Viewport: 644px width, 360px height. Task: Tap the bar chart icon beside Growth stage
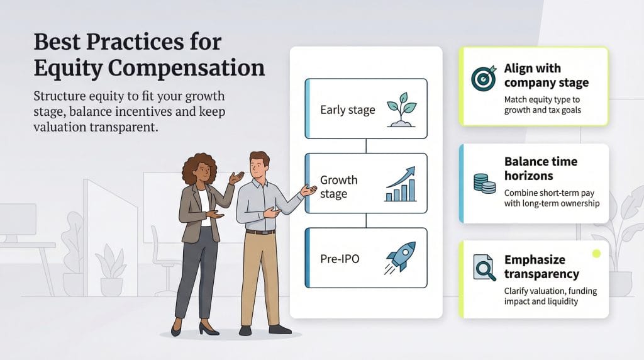[400, 184]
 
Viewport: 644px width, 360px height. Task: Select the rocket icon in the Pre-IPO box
[401, 258]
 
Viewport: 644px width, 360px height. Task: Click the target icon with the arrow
[484, 77]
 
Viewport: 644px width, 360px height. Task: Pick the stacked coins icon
[484, 183]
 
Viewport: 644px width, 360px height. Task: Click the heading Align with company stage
[546, 76]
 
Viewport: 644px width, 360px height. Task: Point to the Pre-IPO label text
[340, 259]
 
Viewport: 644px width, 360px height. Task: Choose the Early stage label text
[347, 110]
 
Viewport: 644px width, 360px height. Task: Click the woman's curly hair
[199, 168]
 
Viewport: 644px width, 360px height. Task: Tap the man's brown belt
[260, 232]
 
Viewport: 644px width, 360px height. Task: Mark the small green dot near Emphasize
[596, 254]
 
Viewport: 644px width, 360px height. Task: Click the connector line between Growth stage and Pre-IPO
[365, 219]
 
